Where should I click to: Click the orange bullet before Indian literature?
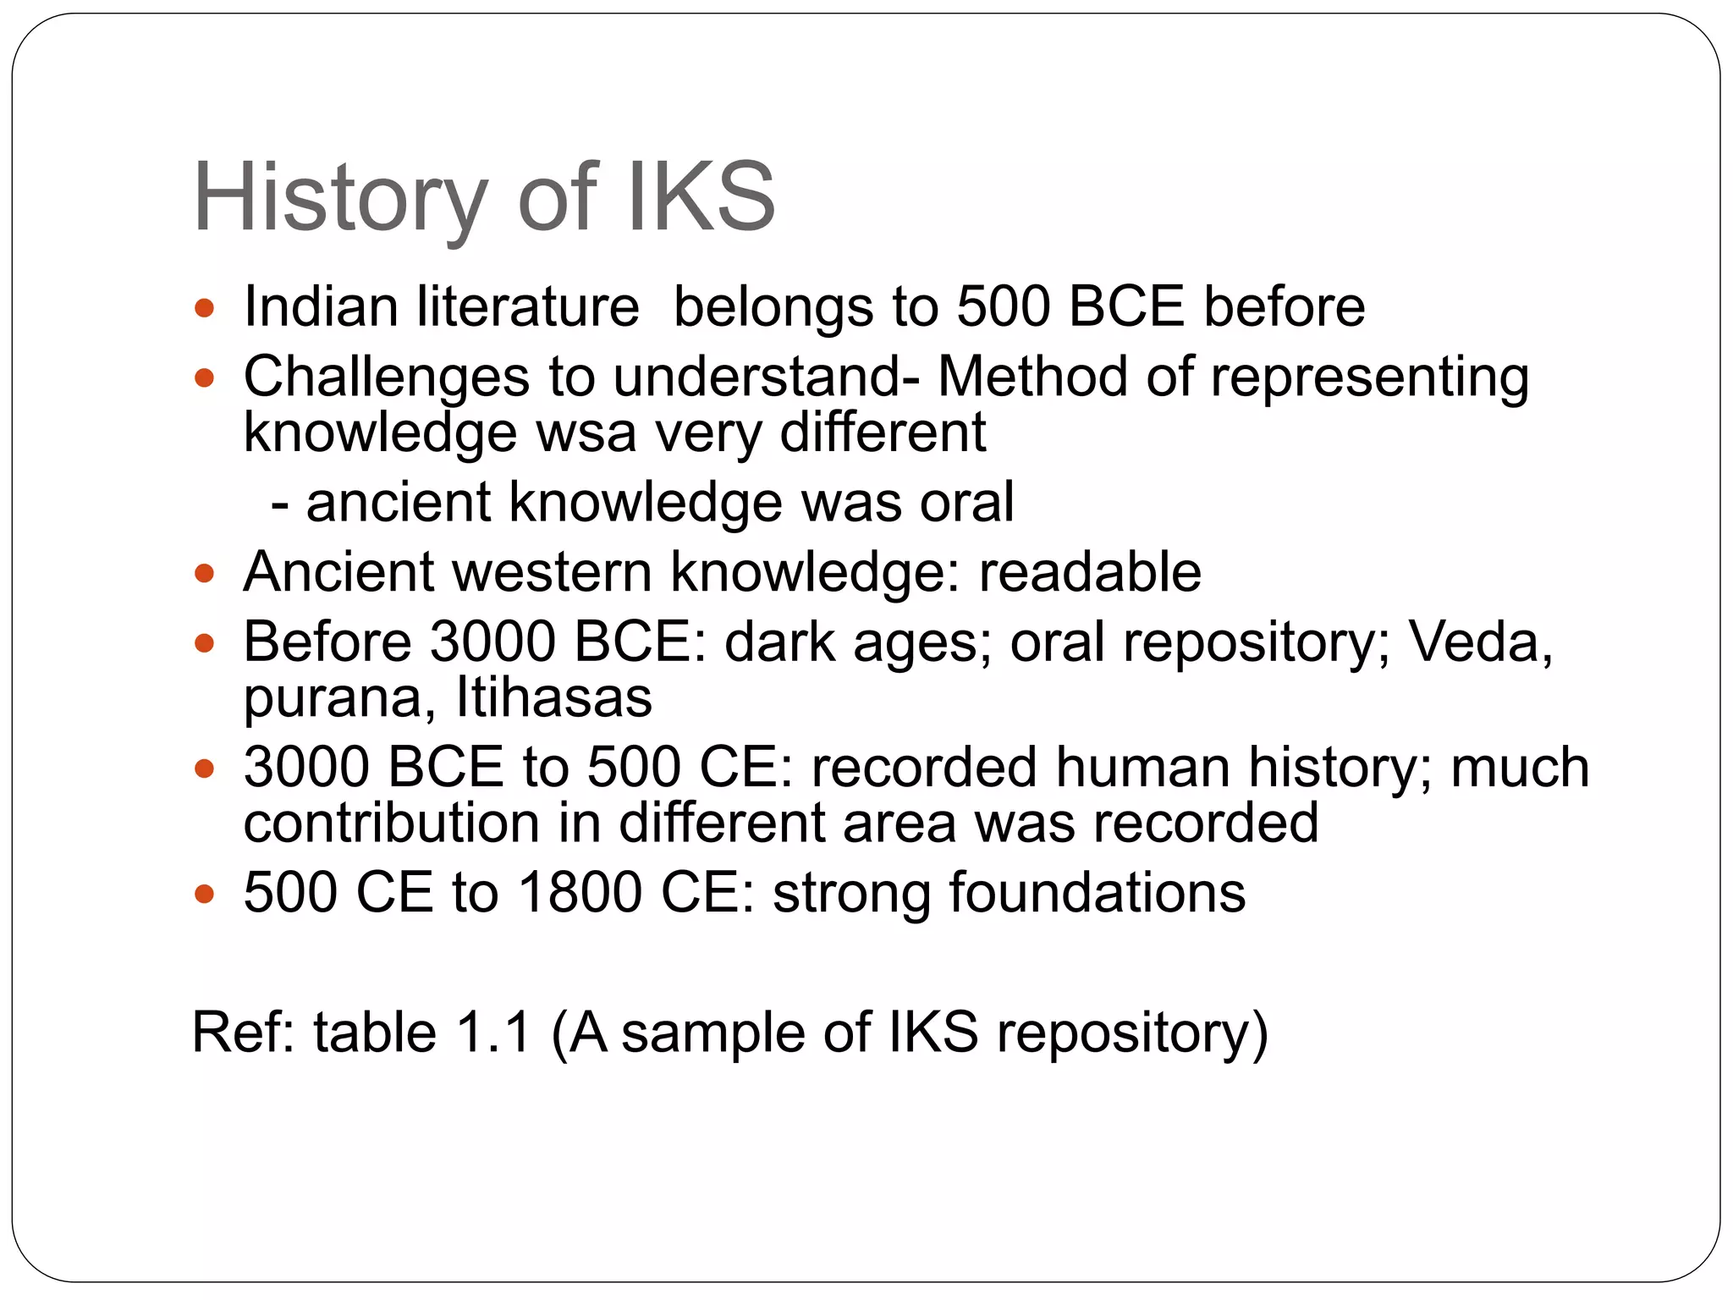pyautogui.click(x=204, y=307)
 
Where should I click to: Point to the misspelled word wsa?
pyautogui.click(x=586, y=433)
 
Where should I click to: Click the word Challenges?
pyautogui.click(x=386, y=377)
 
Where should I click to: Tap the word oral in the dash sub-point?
pyautogui.click(x=966, y=503)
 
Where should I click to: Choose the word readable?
pyautogui.click(x=1089, y=572)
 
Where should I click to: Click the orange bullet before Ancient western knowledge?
pyautogui.click(x=204, y=574)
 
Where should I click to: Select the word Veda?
pyautogui.click(x=1478, y=642)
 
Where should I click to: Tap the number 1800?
pyautogui.click(x=580, y=893)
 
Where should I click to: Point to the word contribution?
pyautogui.click(x=391, y=823)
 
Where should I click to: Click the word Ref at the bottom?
pyautogui.click(x=242, y=1033)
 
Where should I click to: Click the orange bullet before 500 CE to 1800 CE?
pyautogui.click(x=204, y=895)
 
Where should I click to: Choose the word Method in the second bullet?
pyautogui.click(x=1032, y=377)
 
